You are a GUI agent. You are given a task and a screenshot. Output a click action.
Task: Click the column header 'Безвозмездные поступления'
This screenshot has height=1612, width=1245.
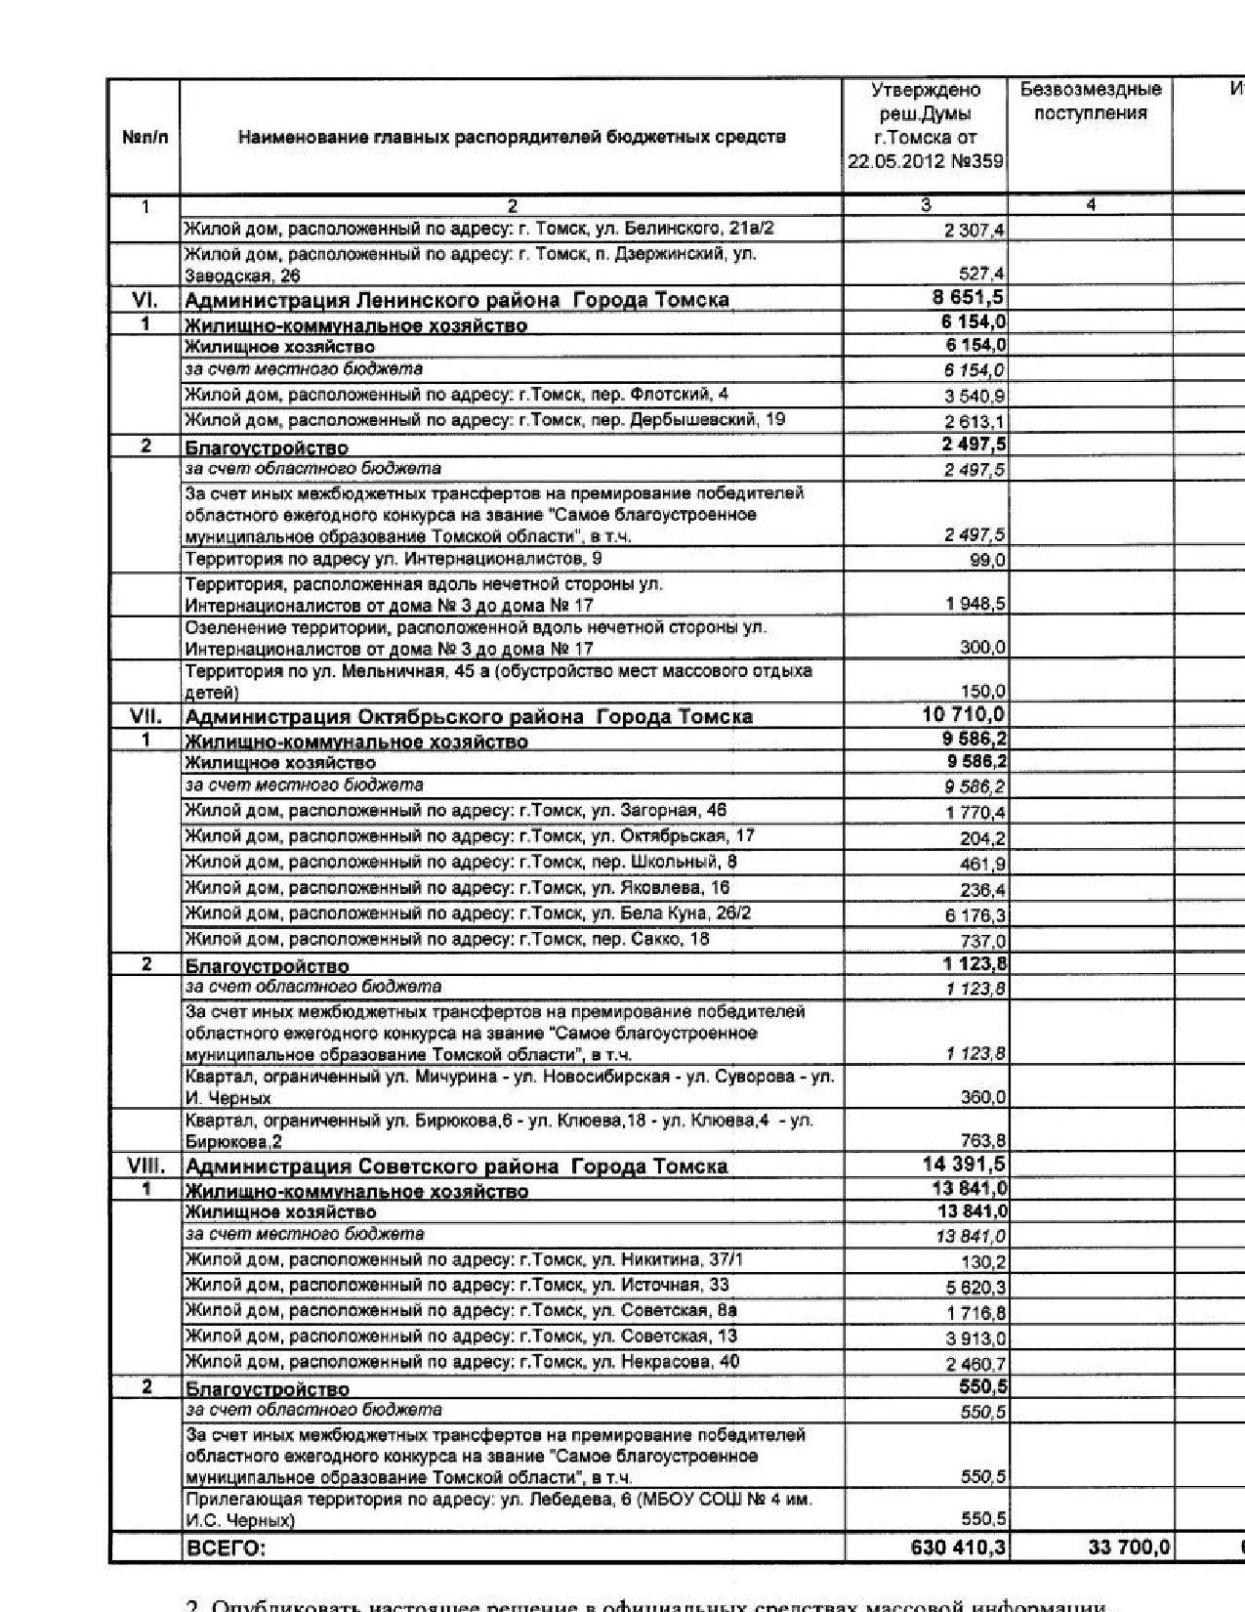[x=1090, y=102]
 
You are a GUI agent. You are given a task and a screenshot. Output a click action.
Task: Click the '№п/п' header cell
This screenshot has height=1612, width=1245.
[x=145, y=137]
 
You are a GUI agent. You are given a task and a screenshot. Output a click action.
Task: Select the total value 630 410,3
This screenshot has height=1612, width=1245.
[x=958, y=1547]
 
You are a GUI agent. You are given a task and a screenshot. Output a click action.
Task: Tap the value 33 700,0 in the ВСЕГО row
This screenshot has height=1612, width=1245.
[x=1129, y=1547]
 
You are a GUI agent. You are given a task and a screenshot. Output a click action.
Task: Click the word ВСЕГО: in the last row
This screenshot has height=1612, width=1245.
[x=226, y=1548]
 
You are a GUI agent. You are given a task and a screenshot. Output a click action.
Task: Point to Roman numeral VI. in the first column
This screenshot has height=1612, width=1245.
[x=145, y=299]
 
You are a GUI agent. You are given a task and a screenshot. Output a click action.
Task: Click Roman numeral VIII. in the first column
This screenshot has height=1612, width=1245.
[x=145, y=1166]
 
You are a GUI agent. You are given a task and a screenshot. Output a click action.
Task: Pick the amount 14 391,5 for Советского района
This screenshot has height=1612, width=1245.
[x=965, y=1165]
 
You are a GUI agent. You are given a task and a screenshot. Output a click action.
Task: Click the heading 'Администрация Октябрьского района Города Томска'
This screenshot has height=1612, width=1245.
[x=469, y=716]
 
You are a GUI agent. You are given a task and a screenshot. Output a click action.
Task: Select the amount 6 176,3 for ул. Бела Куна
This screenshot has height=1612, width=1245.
[x=975, y=915]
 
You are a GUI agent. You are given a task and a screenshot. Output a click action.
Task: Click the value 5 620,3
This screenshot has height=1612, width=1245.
[x=975, y=1288]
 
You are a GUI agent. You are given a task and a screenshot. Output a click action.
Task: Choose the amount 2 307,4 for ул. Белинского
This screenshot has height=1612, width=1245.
[x=975, y=231]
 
